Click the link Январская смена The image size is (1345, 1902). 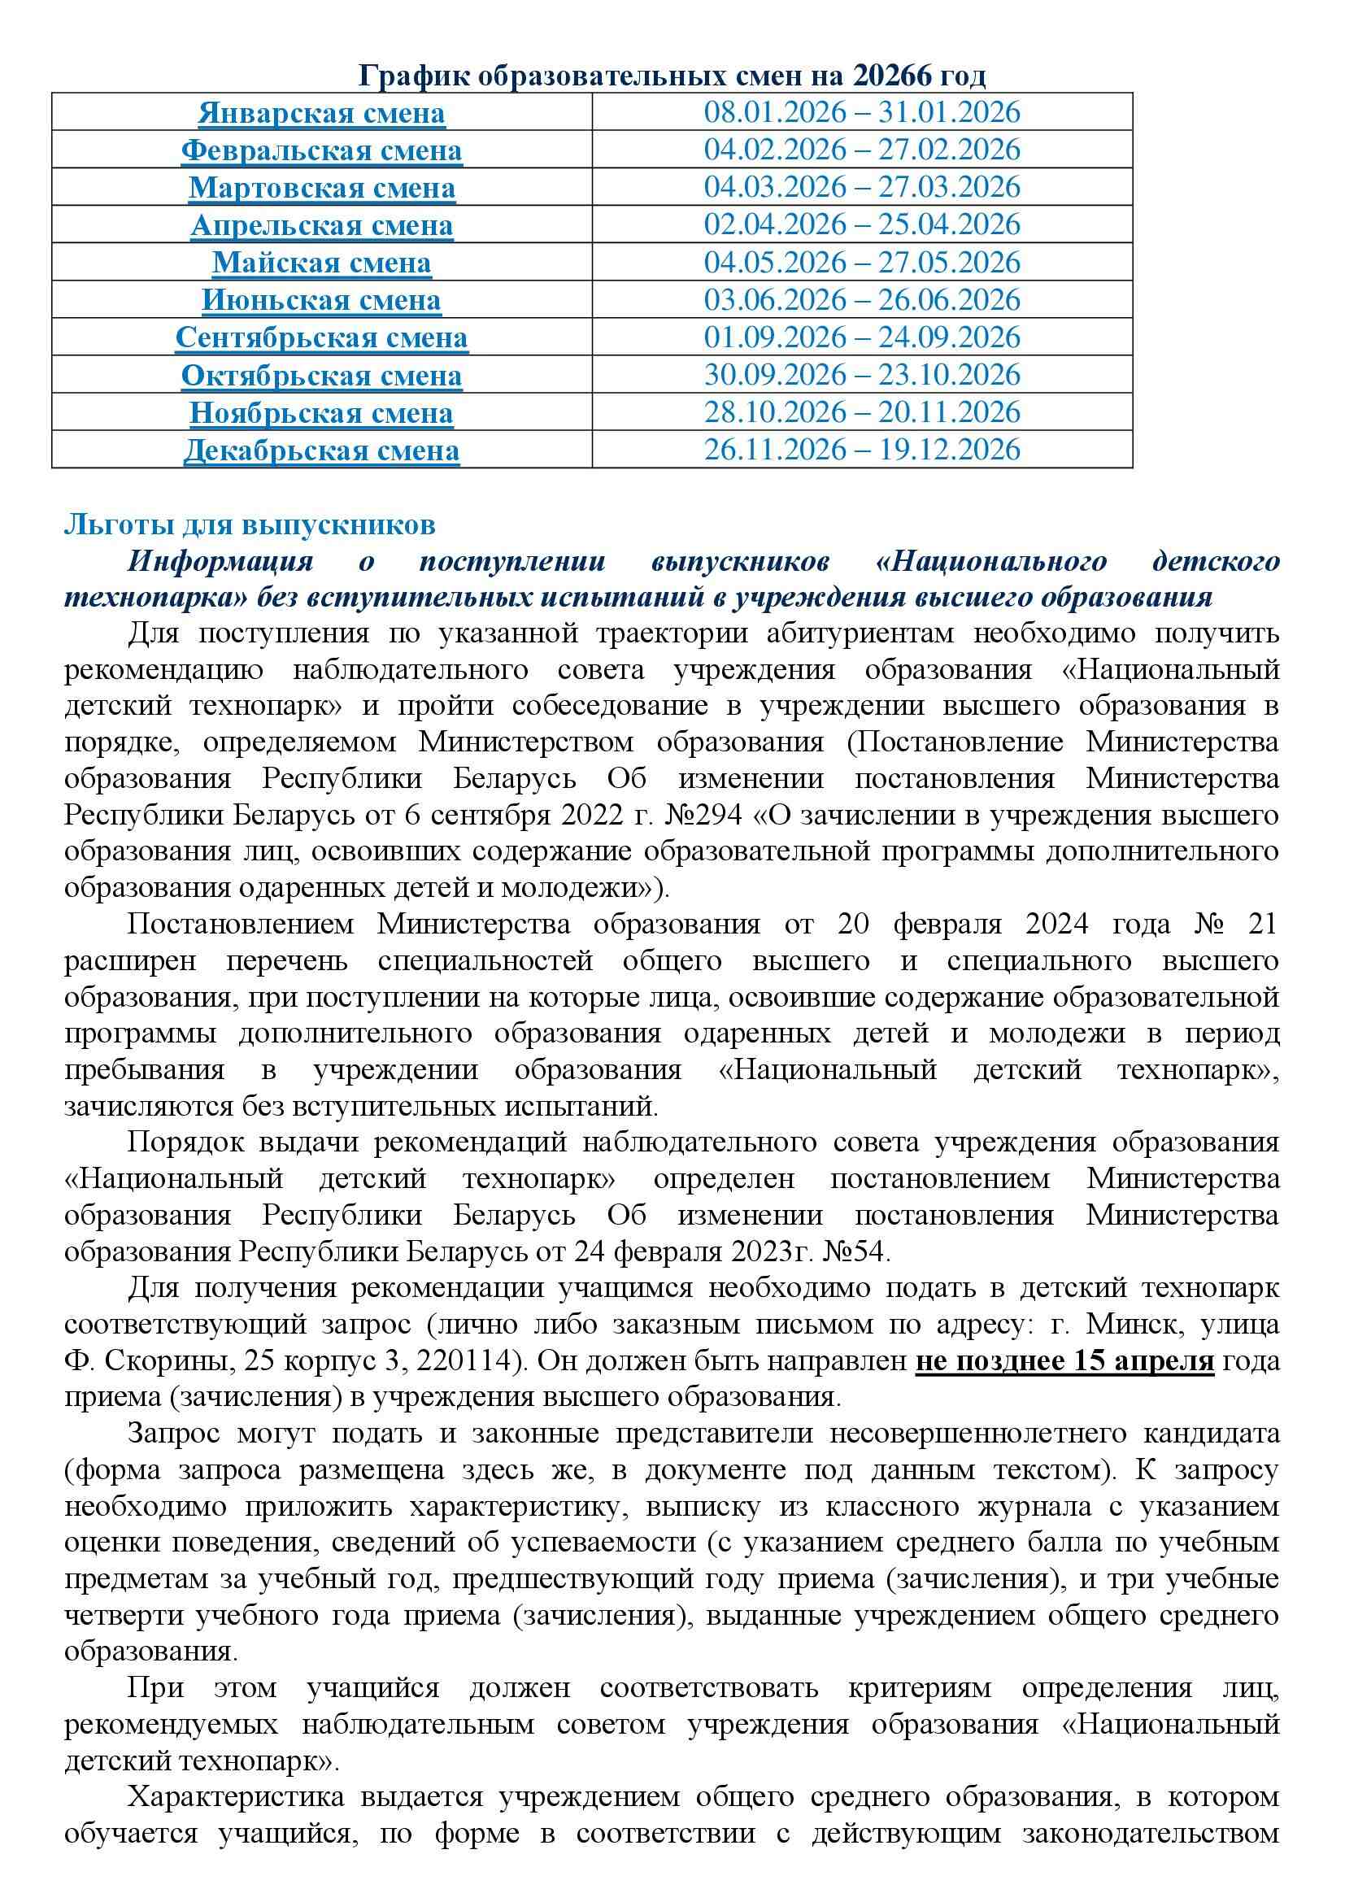pos(321,114)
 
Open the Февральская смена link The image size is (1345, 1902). pos(321,150)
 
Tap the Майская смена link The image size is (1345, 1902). pos(321,263)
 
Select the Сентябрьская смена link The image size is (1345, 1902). pos(321,338)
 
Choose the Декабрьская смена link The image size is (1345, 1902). pos(321,450)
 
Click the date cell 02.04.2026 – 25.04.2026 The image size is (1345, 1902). pos(862,225)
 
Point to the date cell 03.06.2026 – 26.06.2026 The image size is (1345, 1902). pos(862,300)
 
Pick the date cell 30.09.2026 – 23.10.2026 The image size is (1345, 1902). pos(862,375)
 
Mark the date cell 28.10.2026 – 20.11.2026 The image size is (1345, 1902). pos(862,412)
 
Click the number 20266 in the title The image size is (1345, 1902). pos(890,76)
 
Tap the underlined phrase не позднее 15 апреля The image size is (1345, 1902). pos(1064,1361)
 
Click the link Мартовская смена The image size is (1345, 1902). pos(321,188)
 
